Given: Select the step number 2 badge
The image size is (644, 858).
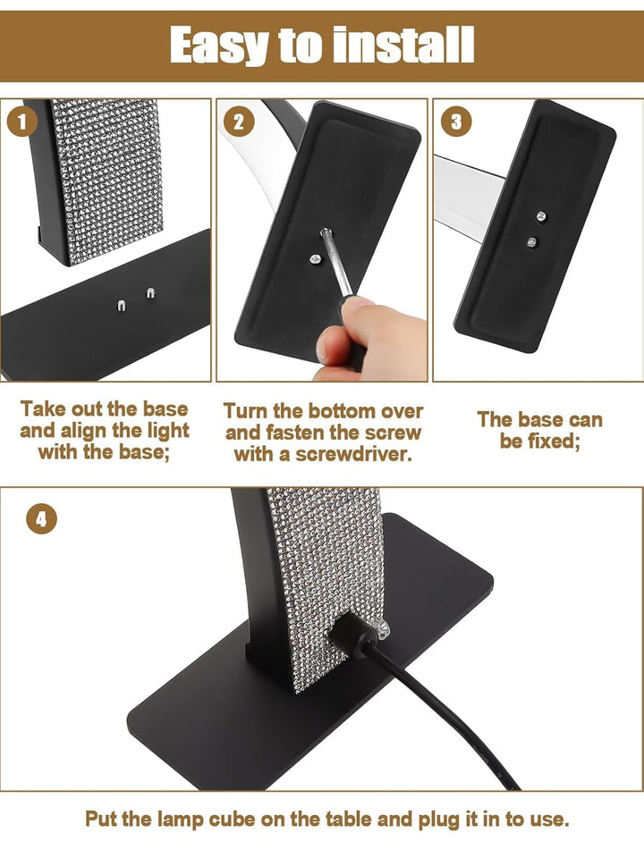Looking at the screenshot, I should click(239, 122).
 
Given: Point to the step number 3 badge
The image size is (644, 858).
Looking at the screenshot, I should click(455, 122).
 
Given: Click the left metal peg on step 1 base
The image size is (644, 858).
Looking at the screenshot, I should click(122, 306).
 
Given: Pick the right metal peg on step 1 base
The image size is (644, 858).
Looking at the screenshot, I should click(148, 292).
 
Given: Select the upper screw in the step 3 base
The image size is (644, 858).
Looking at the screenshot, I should click(540, 214).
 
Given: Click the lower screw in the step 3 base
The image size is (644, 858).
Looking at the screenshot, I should click(533, 241).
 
